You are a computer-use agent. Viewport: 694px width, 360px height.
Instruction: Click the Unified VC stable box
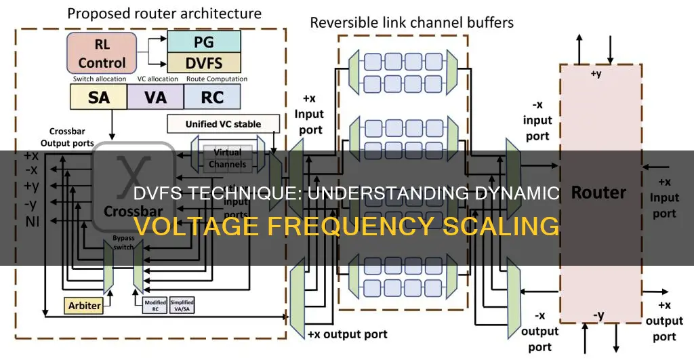click(223, 125)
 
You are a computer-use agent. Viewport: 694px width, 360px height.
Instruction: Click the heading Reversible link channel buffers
click(411, 22)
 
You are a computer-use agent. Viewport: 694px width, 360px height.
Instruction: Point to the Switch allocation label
click(99, 79)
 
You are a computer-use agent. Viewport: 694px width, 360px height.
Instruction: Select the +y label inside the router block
click(596, 73)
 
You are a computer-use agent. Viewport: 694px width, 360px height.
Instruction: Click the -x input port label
click(537, 120)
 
